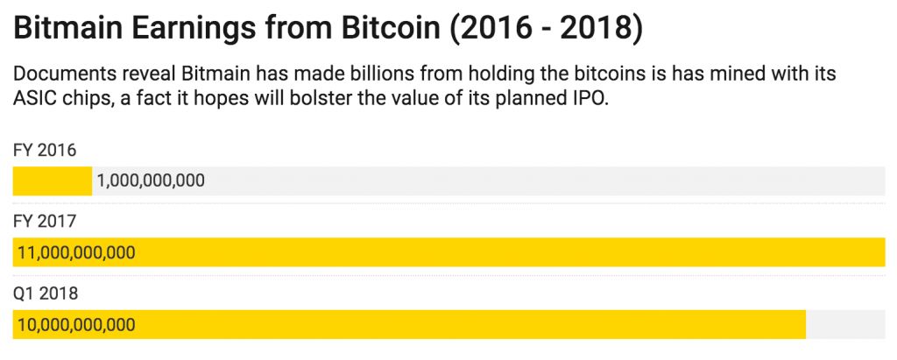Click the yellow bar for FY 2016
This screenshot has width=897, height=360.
click(52, 181)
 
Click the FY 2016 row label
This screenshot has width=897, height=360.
click(45, 151)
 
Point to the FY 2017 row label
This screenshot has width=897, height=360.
click(45, 222)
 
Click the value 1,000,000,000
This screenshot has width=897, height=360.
click(151, 181)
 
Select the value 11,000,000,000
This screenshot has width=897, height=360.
click(76, 253)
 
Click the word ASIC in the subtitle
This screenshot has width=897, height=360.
click(36, 99)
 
